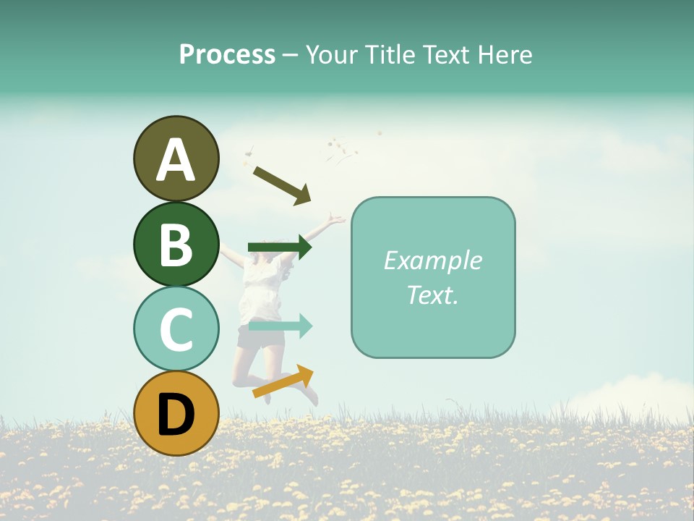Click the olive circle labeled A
[176, 158]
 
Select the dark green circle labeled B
[176, 244]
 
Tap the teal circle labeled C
[176, 329]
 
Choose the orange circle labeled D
[176, 413]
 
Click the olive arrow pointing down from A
[282, 184]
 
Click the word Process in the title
[227, 54]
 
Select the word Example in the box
[432, 260]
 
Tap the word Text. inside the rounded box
[432, 295]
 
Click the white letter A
[176, 160]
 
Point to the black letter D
[176, 415]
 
